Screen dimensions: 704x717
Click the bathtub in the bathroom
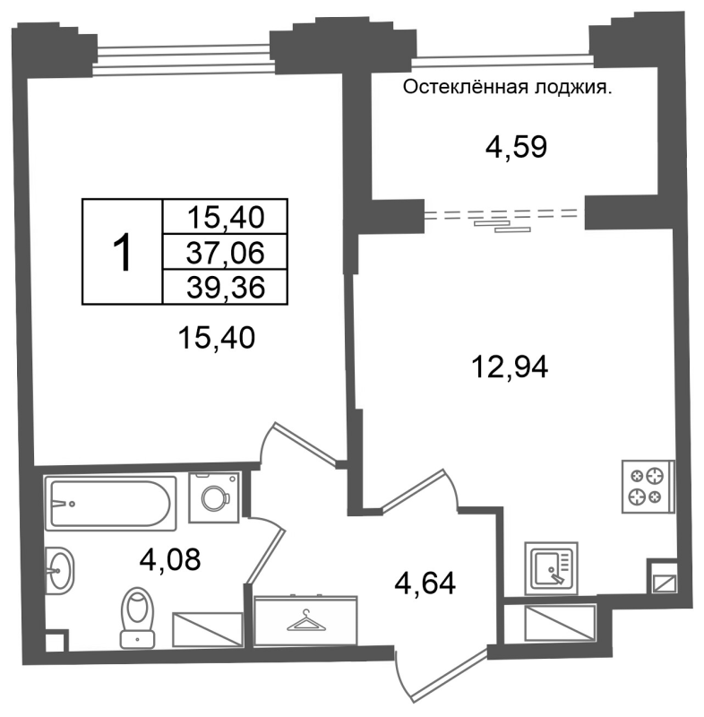110,503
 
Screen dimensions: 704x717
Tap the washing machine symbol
214,497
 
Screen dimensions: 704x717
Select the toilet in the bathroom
138,618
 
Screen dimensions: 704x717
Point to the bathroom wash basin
59,571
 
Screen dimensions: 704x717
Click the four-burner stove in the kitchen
648,486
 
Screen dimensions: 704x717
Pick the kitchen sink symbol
552,568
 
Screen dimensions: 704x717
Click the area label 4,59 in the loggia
516,147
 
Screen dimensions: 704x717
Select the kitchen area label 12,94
510,367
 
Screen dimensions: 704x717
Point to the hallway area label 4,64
425,583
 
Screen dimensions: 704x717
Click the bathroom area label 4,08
170,559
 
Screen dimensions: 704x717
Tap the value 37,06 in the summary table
225,253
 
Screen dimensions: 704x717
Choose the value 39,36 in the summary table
226,287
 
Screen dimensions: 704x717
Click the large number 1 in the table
123,252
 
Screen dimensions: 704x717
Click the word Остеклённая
465,87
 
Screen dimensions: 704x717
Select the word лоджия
573,88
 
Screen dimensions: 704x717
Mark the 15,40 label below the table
217,339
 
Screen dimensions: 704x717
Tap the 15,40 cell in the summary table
226,217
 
